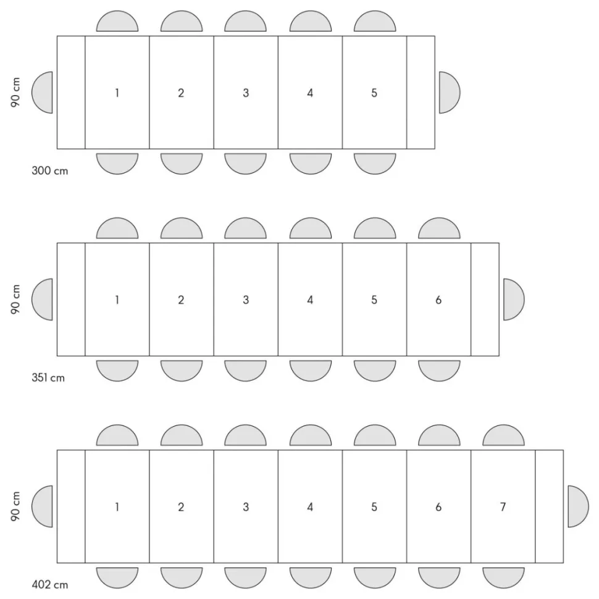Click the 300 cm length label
pos(49,170)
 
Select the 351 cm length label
pos(48,378)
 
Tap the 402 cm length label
pos(49,585)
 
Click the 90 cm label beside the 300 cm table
pos(15,93)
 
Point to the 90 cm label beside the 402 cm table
pos(15,506)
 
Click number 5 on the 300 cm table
pos(374,93)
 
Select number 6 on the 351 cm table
pos(438,300)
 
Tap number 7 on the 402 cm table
pos(503,507)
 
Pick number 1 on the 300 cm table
pos(117,93)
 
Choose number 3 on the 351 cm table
pos(246,300)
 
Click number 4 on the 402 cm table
pos(310,507)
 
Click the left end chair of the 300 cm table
pos(42,93)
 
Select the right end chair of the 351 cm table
pos(514,299)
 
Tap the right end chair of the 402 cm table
pos(578,506)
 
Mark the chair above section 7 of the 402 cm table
pos(503,435)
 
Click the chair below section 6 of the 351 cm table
pos(439,371)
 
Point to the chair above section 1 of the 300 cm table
pos(117,21)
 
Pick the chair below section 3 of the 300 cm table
pos(245,164)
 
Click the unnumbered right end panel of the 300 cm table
pos(421,93)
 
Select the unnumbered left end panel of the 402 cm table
pos(71,506)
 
